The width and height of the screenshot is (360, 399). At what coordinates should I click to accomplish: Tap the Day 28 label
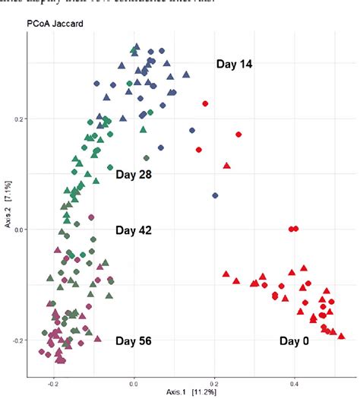(134, 175)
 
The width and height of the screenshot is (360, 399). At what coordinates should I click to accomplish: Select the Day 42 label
(134, 230)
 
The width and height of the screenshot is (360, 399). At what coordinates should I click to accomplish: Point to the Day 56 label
(134, 341)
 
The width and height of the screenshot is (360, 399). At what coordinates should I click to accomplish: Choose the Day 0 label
(294, 341)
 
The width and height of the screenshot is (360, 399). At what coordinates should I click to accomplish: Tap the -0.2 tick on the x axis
(53, 383)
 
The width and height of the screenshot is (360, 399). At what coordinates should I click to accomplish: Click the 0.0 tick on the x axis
(134, 383)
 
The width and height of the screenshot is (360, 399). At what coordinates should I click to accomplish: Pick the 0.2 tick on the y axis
(19, 119)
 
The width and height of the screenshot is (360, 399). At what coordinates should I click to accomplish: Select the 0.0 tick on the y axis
(19, 230)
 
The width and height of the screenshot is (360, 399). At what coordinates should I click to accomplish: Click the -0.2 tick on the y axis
(18, 340)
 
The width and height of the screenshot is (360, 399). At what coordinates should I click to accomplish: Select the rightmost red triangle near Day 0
(341, 335)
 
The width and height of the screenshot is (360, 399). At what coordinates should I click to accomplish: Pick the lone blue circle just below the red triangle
(215, 195)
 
